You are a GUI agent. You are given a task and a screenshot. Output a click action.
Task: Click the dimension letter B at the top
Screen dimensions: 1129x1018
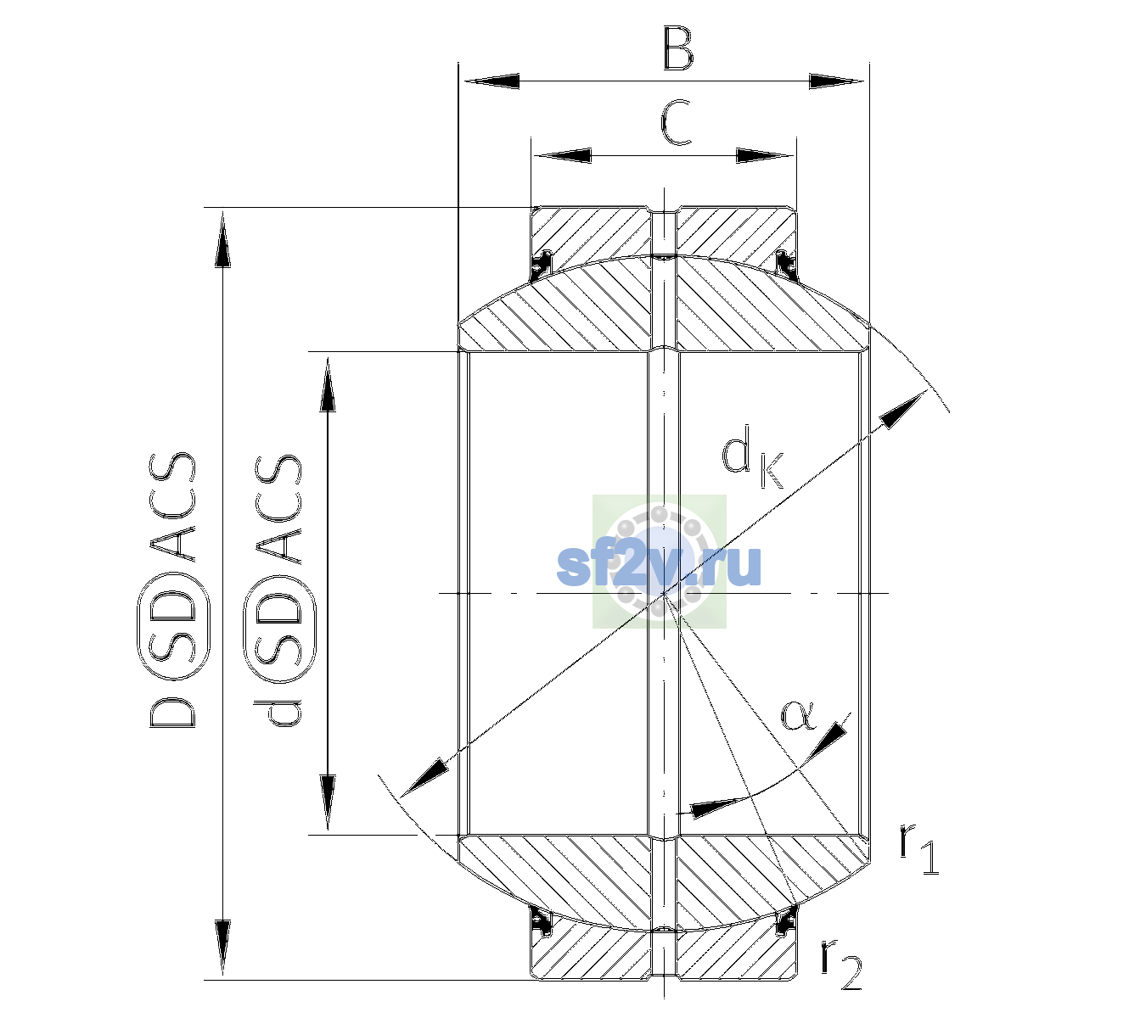tap(678, 48)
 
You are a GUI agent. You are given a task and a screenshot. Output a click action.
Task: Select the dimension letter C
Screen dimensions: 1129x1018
tap(676, 123)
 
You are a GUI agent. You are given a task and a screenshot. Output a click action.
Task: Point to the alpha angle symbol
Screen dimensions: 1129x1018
tap(798, 715)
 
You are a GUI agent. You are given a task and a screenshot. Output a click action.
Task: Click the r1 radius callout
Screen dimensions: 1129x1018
tap(918, 850)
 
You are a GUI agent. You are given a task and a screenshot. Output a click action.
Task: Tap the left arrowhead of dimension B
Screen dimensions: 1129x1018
tap(491, 81)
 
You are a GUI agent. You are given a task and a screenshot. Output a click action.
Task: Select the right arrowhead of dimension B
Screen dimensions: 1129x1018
tap(836, 81)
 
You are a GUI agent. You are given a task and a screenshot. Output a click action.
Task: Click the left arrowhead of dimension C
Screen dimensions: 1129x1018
tap(563, 156)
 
